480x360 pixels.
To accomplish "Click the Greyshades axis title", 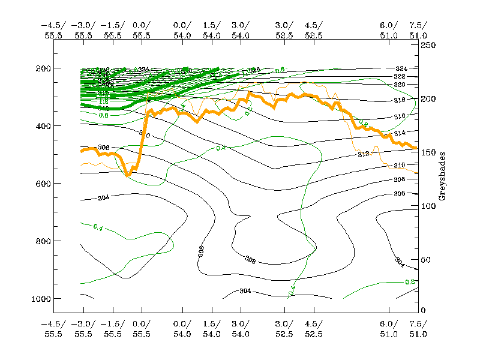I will point(442,176).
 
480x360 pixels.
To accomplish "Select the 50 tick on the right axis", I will point(427,259).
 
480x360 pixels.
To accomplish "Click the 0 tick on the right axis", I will point(423,310).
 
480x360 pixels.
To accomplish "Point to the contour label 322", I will point(400,77).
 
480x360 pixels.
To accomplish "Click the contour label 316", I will point(400,116).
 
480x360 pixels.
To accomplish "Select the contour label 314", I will point(400,133).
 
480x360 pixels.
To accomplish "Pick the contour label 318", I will point(400,100).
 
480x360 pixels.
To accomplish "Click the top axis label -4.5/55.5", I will point(52,30).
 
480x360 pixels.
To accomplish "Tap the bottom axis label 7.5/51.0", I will point(418,329).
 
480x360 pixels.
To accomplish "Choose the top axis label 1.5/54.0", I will point(211,30).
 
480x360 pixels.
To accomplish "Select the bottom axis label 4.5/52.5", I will point(313,329).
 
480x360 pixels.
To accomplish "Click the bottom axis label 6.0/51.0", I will point(389,329).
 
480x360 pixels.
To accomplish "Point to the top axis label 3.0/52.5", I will point(284,30).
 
